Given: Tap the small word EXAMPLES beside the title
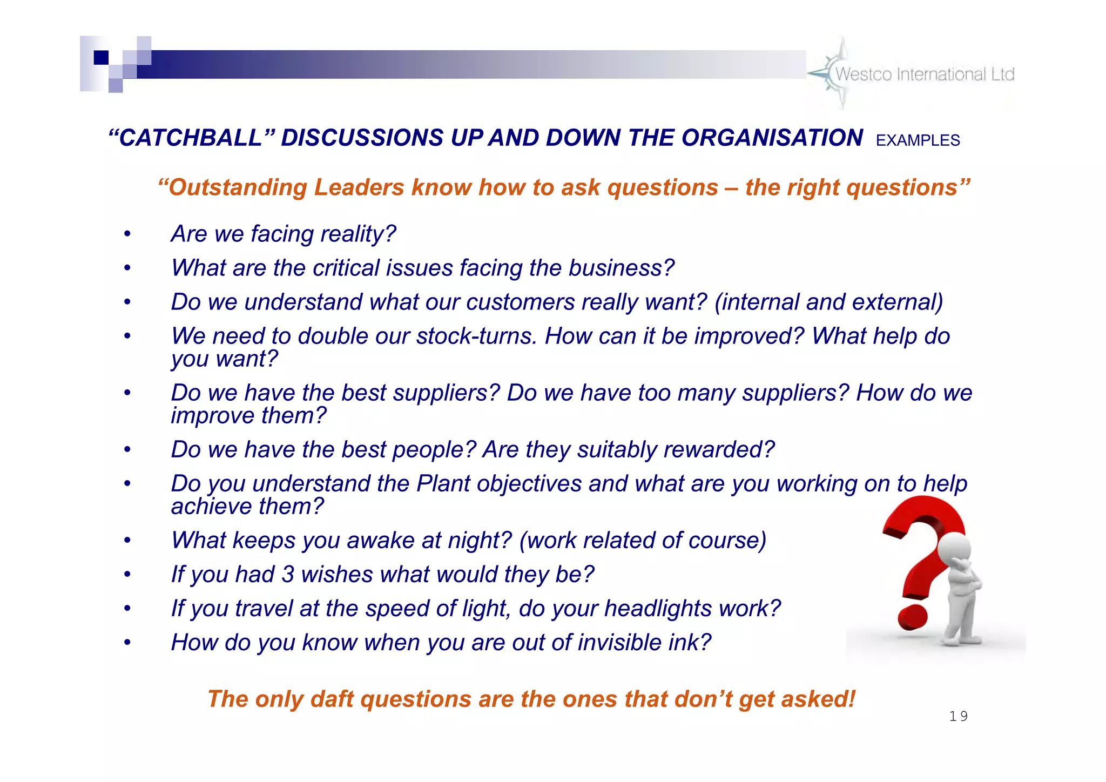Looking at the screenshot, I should coord(918,141).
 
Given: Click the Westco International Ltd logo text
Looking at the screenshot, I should coord(925,75).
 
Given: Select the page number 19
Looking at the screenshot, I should coord(958,717).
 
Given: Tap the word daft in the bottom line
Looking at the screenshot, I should coord(332,699).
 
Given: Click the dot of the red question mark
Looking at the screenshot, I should coord(912,617).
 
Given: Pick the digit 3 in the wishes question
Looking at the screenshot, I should coord(287,575).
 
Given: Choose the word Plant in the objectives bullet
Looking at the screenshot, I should coord(443,484).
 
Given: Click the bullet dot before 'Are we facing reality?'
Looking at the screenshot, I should coord(127,234).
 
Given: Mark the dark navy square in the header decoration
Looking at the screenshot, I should coord(101,57).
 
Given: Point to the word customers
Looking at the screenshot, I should coord(520,302).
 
